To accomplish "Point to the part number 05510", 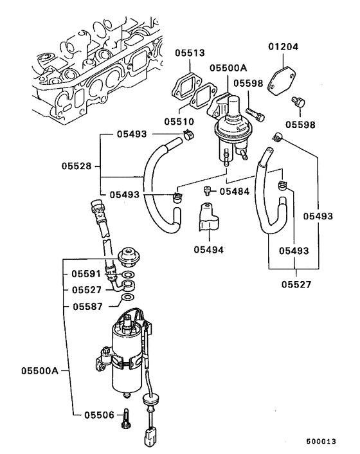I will point(177,121).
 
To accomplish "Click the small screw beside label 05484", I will point(208,190).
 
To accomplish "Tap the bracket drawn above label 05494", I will point(207,218).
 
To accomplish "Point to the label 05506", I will point(98,415).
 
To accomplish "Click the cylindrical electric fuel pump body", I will point(129,358).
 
